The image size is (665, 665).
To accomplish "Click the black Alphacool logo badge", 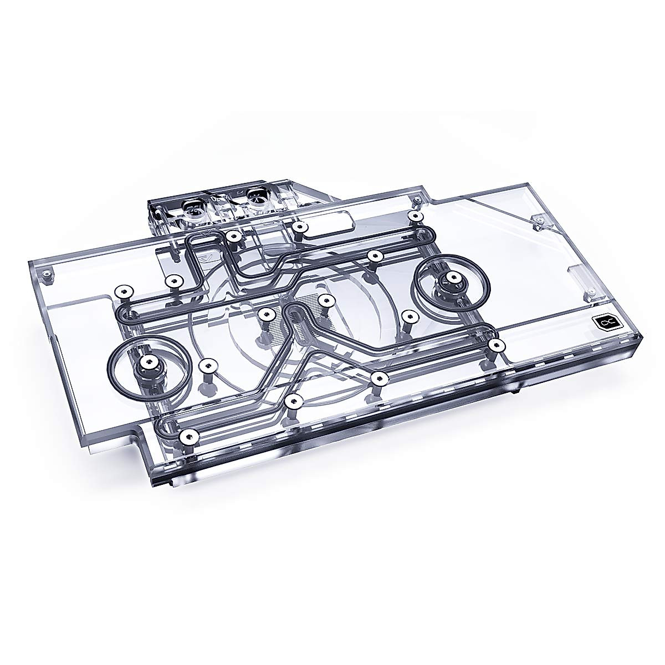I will (x=602, y=321).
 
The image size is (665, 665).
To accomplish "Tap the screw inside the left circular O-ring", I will (x=147, y=362).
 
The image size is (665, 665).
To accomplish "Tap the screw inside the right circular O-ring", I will (x=454, y=278).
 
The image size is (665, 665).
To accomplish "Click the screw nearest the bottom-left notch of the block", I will (x=190, y=436).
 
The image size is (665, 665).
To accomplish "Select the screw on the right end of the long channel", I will (x=495, y=345).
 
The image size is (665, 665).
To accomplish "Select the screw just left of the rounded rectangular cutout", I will (x=299, y=227).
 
